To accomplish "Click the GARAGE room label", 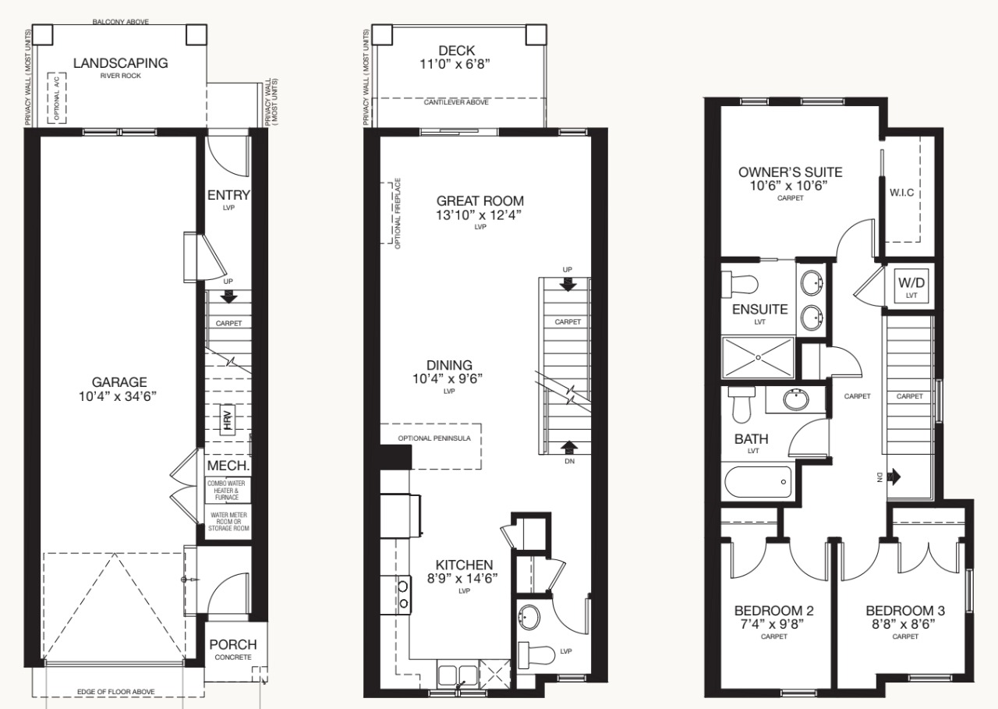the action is (119, 382).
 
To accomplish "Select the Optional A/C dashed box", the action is (57, 97).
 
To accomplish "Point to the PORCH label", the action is (233, 644).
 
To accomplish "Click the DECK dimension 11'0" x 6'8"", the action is (455, 65).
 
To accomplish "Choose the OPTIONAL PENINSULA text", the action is (434, 438).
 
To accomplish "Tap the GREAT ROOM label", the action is (480, 200).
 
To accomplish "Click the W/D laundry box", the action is (911, 285).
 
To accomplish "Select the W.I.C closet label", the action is (902, 193).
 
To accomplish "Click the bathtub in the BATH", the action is (758, 482).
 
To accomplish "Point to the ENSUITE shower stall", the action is (758, 357).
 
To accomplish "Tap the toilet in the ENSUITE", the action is (740, 284).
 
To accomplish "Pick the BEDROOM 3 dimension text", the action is (905, 624).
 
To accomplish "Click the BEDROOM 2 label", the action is (774, 610).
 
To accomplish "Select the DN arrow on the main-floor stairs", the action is (569, 447).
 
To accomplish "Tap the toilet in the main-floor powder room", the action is (536, 654).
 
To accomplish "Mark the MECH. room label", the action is (228, 466).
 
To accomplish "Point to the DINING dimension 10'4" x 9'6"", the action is (448, 379).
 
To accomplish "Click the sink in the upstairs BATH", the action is (796, 399).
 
